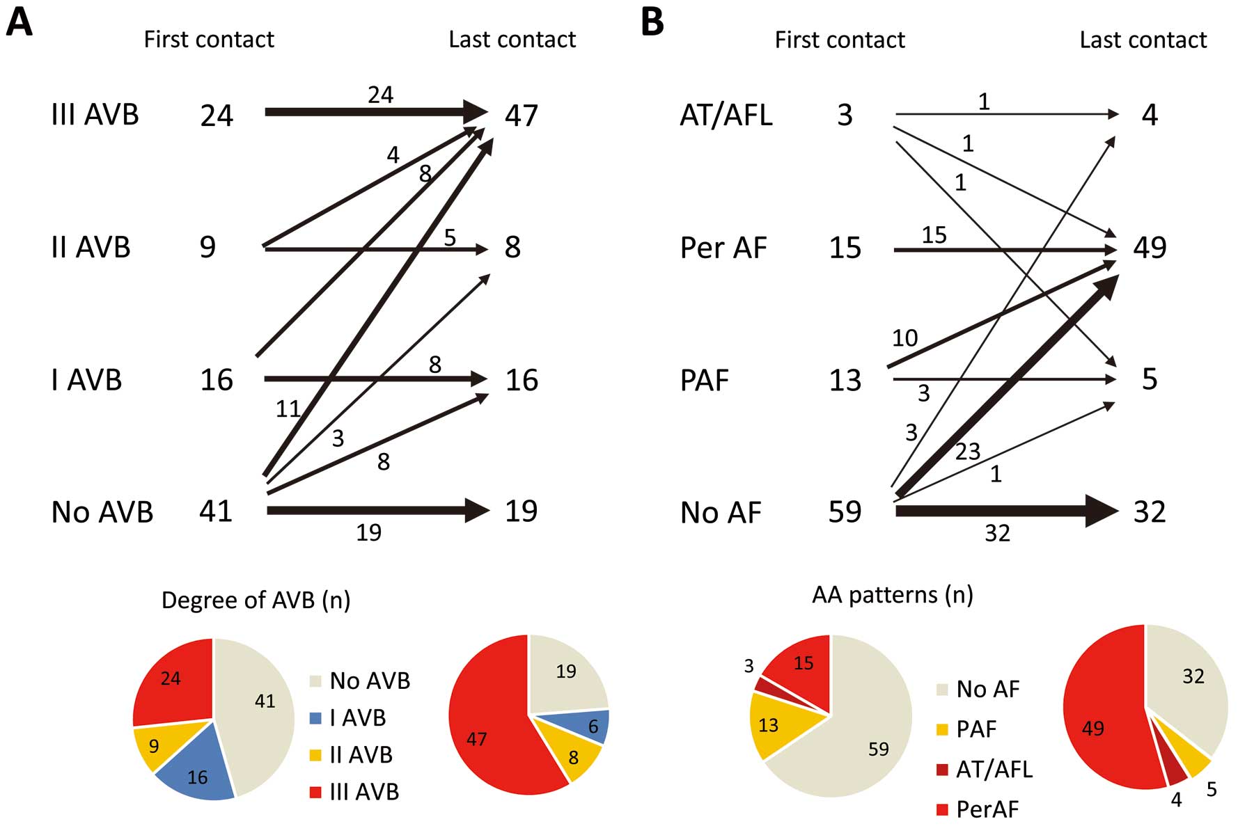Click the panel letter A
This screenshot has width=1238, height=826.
point(19,22)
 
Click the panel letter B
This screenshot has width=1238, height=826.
point(652,22)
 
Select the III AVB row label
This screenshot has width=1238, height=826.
point(95,115)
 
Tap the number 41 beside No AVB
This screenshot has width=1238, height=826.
point(216,511)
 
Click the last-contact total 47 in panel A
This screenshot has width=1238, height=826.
point(522,115)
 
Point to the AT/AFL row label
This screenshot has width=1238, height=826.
point(726,115)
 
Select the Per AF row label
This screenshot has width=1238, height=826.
point(723,248)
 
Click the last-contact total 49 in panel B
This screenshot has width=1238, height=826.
point(1150,248)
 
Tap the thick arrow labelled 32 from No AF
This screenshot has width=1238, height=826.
point(1007,511)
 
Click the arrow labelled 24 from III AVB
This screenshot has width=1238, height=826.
point(377,111)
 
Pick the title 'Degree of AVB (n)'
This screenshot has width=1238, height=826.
point(256,600)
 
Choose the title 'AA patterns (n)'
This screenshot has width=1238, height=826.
point(893,595)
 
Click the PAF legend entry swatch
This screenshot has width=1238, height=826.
point(943,729)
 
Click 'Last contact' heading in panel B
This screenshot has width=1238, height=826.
point(1143,40)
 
